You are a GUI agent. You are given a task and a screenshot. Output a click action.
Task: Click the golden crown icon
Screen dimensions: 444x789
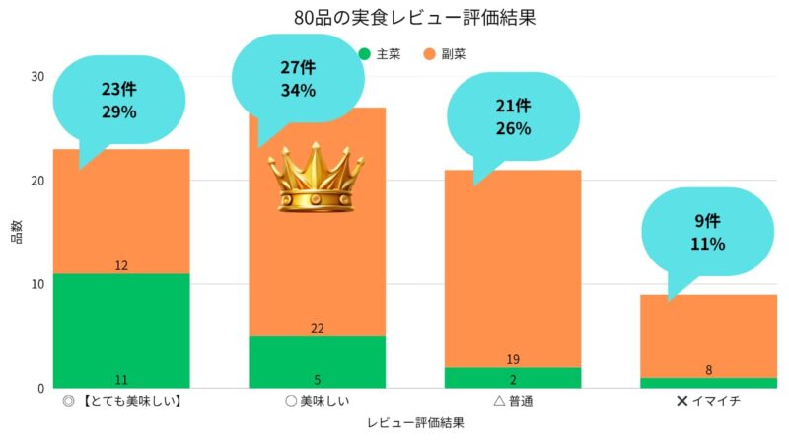(317, 178)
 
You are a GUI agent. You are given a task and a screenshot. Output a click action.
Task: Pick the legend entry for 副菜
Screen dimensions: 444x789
(445, 53)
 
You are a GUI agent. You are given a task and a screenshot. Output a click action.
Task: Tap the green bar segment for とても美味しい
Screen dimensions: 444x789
(121, 331)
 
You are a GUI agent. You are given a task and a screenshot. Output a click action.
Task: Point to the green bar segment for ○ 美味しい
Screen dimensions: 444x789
(317, 361)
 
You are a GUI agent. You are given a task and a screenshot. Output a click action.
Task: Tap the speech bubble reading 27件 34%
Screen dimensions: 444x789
(298, 79)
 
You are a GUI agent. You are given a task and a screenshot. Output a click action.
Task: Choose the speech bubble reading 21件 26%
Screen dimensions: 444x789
(514, 117)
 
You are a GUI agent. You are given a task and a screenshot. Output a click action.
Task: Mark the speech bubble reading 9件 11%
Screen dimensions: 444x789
(708, 232)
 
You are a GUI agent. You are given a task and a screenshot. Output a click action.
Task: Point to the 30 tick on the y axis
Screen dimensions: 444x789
(38, 77)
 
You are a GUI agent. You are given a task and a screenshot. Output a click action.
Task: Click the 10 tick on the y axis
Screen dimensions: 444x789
(38, 284)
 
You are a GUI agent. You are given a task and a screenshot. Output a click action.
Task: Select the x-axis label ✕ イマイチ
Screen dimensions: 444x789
(708, 402)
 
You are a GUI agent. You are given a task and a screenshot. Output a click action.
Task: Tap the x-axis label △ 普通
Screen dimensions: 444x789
(513, 402)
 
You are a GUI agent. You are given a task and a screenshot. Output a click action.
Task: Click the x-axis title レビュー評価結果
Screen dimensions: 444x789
(414, 423)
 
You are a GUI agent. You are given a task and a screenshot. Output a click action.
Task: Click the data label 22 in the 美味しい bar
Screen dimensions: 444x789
(317, 328)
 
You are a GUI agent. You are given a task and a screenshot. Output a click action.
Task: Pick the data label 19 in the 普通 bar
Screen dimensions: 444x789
(513, 359)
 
